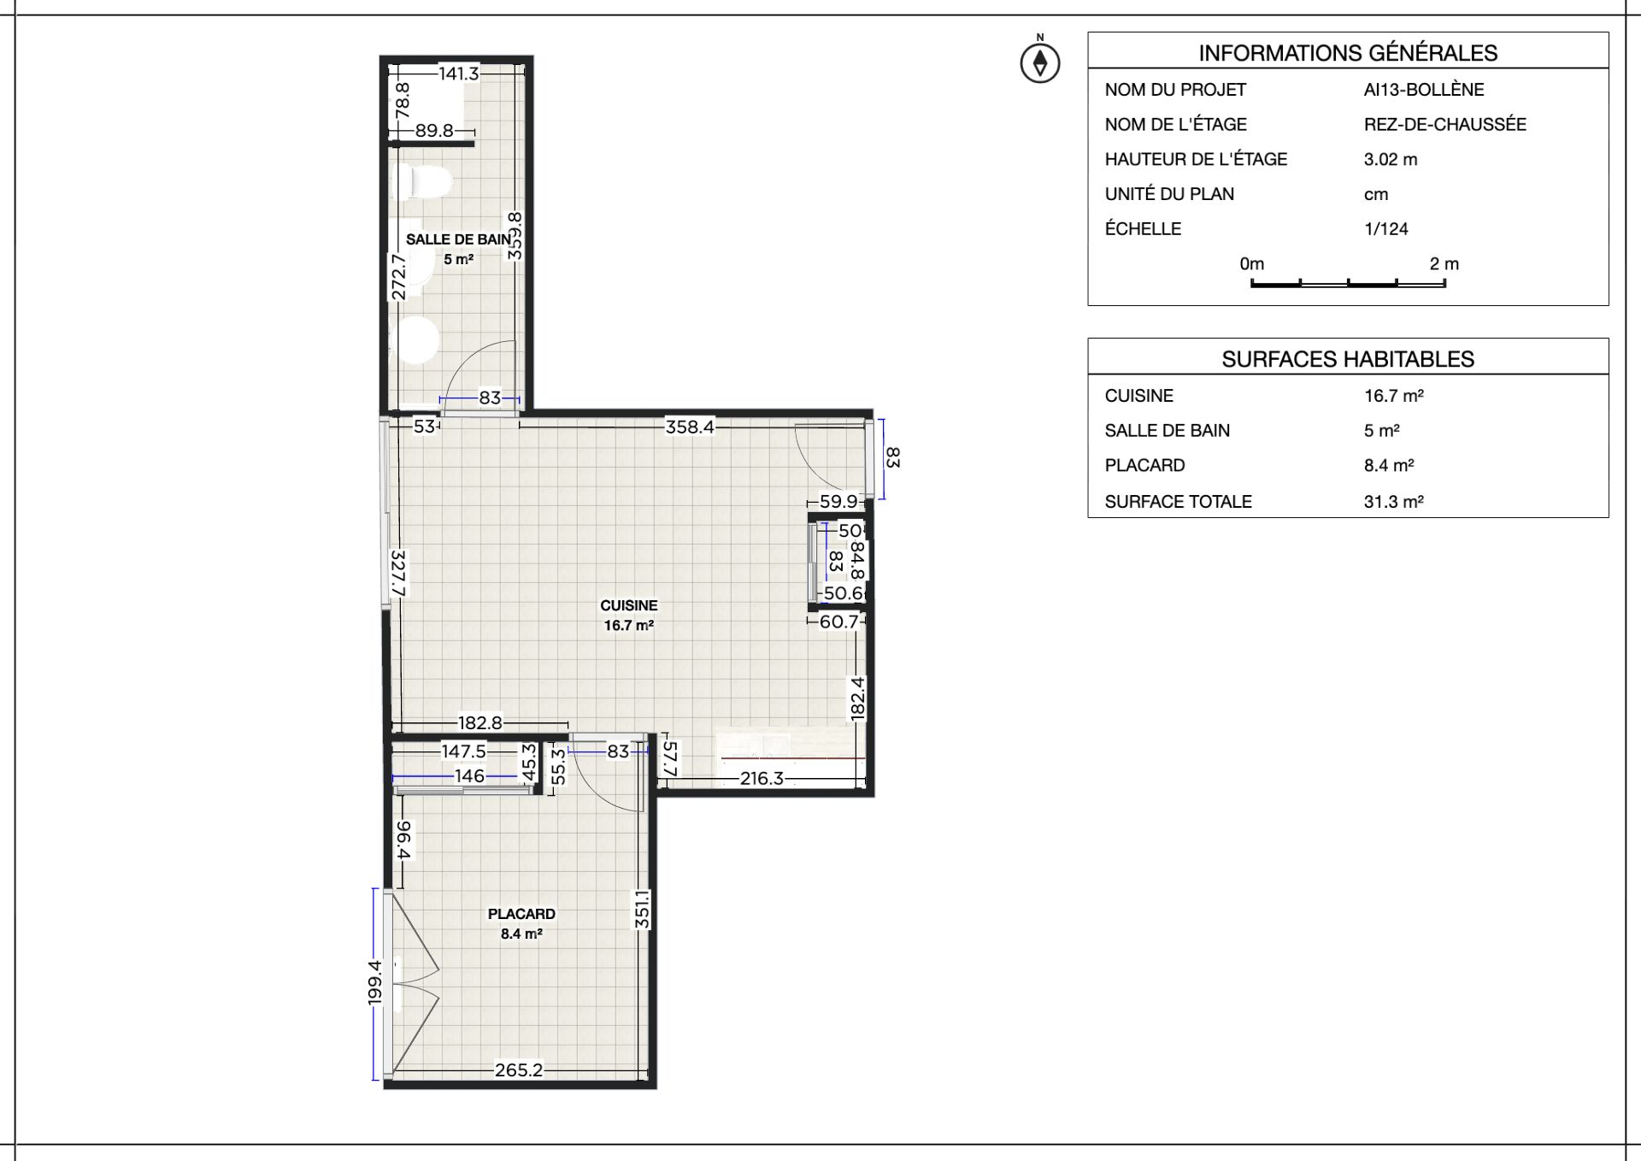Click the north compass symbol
(1040, 62)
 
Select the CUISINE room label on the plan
(629, 605)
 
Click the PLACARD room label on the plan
(521, 914)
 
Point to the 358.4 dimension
(690, 427)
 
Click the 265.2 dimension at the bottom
(519, 1070)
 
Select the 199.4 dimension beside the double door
(374, 983)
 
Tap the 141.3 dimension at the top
(459, 74)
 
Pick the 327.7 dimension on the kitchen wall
(399, 573)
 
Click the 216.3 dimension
(762, 778)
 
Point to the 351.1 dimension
(643, 909)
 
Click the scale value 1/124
(1386, 229)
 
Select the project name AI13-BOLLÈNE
(1424, 89)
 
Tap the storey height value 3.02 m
(1391, 159)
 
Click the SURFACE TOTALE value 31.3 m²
(1394, 502)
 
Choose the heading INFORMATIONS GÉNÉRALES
(1348, 53)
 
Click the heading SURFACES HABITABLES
(1348, 359)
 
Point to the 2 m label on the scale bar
(1444, 264)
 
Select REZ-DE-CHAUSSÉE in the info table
(1445, 124)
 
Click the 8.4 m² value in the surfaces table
(1389, 466)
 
